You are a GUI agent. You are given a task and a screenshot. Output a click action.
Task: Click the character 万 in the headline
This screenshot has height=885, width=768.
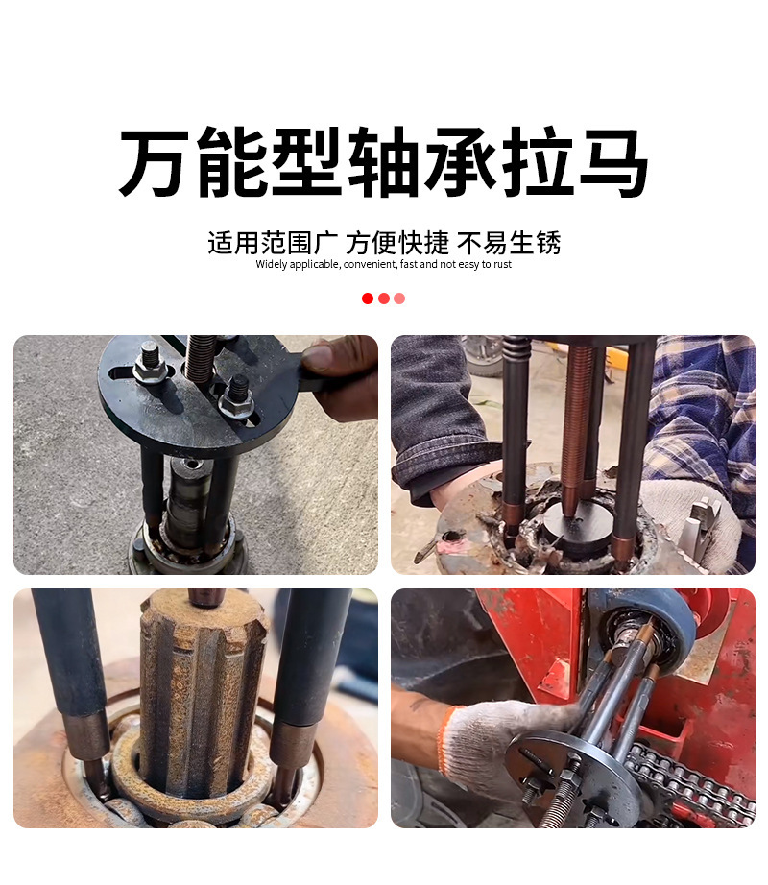156,164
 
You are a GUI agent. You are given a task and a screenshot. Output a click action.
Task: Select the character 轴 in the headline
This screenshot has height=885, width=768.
384,164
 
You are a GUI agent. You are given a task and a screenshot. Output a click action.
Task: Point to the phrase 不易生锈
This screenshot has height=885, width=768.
509,243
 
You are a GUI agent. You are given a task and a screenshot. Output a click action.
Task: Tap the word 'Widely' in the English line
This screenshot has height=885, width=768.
272,265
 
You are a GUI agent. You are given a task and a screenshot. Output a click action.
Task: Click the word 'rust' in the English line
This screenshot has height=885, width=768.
502,265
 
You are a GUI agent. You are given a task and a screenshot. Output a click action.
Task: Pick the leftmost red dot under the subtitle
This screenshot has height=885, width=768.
368,299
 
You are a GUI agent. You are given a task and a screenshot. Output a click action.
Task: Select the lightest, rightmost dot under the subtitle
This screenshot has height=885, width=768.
399,299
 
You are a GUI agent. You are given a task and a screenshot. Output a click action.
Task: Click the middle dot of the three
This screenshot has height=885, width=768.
384,299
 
